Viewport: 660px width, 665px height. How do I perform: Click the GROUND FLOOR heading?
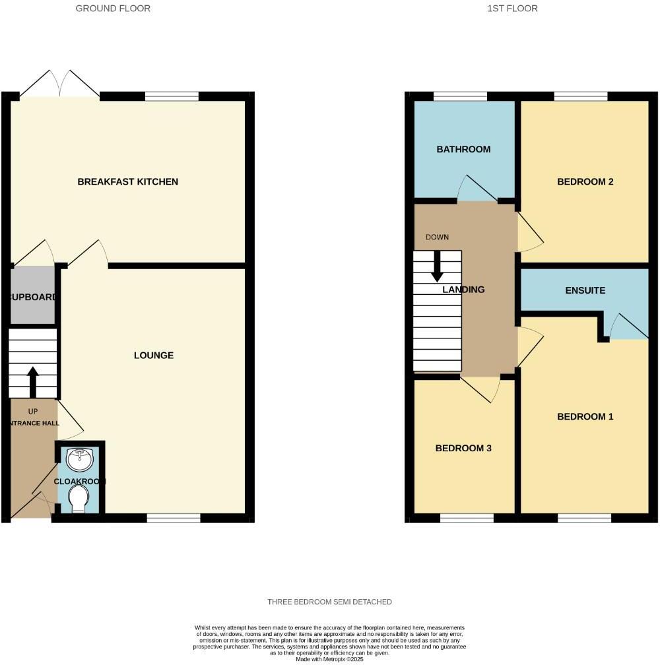pyautogui.click(x=113, y=9)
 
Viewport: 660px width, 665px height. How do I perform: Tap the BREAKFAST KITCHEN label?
pyautogui.click(x=128, y=181)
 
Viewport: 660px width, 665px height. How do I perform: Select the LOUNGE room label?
pyautogui.click(x=154, y=356)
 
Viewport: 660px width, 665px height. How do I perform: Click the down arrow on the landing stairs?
pyautogui.click(x=437, y=267)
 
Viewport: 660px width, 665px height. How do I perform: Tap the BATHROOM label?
pyautogui.click(x=463, y=150)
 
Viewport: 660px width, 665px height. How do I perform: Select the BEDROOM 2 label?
pyautogui.click(x=585, y=181)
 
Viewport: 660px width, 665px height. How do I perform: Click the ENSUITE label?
pyautogui.click(x=585, y=291)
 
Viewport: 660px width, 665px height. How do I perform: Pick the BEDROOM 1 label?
pyautogui.click(x=585, y=417)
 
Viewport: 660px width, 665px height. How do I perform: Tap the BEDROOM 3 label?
pyautogui.click(x=463, y=449)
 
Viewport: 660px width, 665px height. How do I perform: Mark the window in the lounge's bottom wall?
pyautogui.click(x=174, y=518)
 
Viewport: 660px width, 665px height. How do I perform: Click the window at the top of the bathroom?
pyautogui.click(x=460, y=96)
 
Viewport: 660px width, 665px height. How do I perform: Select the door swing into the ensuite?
pyautogui.click(x=628, y=327)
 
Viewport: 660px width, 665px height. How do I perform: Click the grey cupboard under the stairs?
pyautogui.click(x=32, y=296)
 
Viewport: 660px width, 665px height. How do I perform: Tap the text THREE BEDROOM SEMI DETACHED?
pyautogui.click(x=329, y=602)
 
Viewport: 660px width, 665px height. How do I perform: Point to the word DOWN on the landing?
pyautogui.click(x=438, y=237)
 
